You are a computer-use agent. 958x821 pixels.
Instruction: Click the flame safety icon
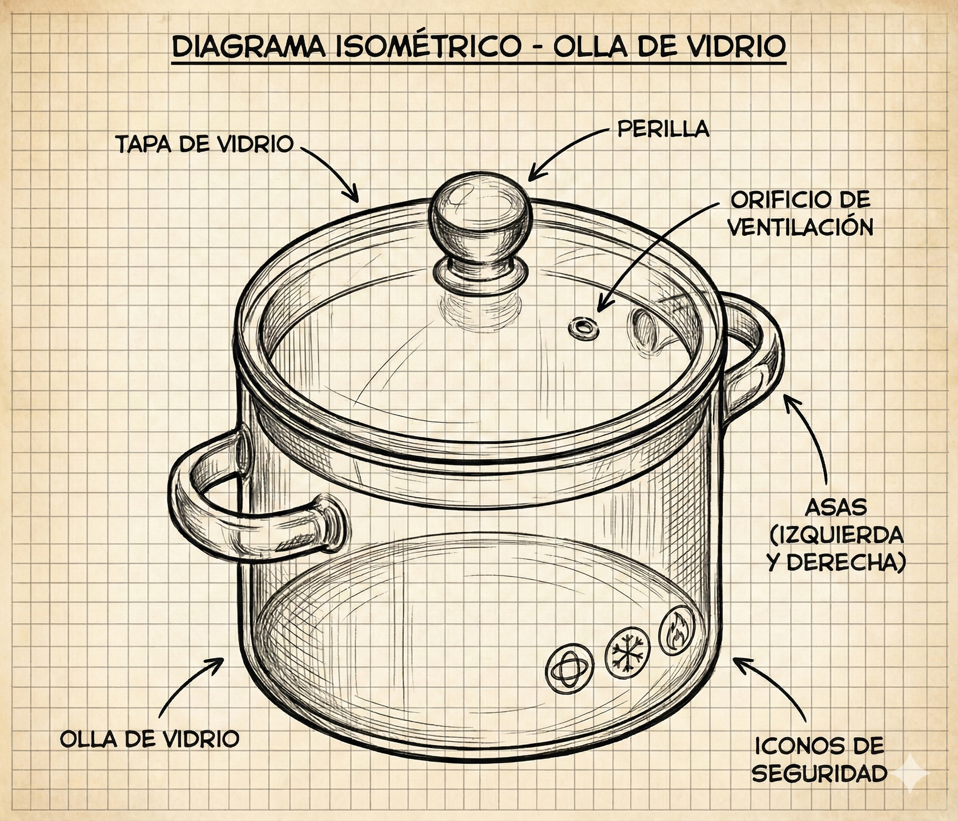pyautogui.click(x=676, y=632)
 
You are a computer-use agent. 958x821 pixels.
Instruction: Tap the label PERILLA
pyautogui.click(x=663, y=129)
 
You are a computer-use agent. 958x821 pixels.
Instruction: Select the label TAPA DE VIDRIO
pyautogui.click(x=204, y=145)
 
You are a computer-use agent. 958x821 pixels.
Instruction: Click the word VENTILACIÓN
pyautogui.click(x=801, y=227)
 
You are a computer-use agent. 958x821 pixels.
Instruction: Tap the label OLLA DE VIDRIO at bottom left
pyautogui.click(x=150, y=739)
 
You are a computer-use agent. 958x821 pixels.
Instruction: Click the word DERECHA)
pyautogui.click(x=847, y=563)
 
